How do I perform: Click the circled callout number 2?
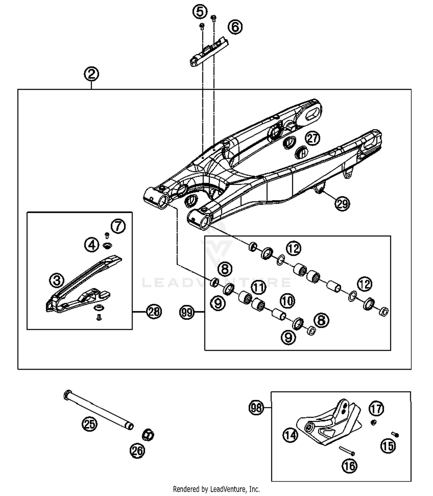(92, 74)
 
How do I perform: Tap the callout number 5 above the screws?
(200, 12)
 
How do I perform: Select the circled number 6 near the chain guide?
(235, 27)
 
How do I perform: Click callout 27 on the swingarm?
(313, 138)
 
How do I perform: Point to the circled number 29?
(342, 204)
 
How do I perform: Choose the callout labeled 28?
(154, 312)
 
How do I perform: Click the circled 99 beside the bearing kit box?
(187, 312)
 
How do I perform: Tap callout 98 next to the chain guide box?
(256, 407)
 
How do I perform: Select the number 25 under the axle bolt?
(89, 424)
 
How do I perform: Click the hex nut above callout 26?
(148, 435)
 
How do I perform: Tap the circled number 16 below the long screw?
(349, 466)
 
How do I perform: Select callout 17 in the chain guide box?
(376, 409)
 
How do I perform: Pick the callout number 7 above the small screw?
(118, 226)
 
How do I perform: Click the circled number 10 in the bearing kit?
(287, 301)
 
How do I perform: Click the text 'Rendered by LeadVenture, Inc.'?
(216, 489)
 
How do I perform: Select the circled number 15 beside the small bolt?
(388, 446)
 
